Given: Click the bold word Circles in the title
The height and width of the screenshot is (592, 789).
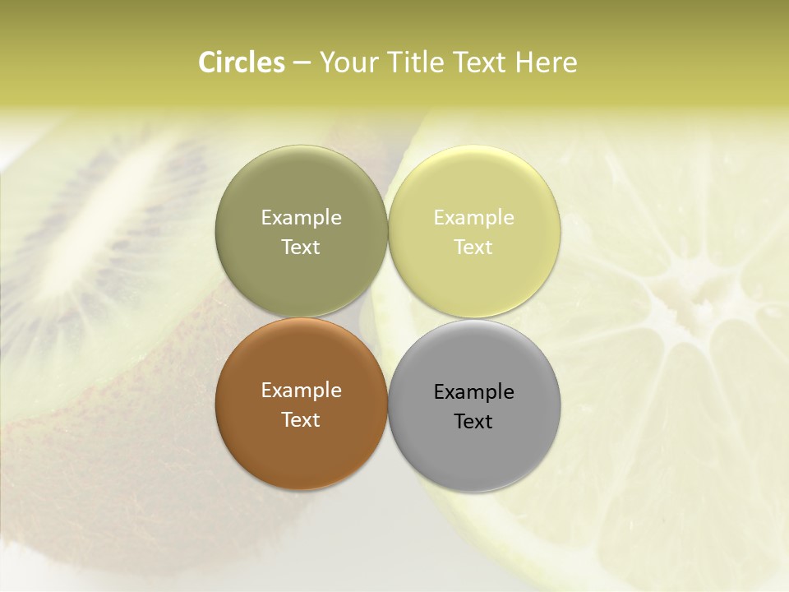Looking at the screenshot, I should pyautogui.click(x=242, y=62).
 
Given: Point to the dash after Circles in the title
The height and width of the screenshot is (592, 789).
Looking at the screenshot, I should pyautogui.click(x=302, y=63).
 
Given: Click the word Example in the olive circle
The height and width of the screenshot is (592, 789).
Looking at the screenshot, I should pyautogui.click(x=301, y=217).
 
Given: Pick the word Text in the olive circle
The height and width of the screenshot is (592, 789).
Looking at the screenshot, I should pyautogui.click(x=301, y=247).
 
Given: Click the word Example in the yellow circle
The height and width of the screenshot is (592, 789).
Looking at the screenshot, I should pyautogui.click(x=473, y=217).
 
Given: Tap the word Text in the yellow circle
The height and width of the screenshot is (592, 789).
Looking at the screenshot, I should pyautogui.click(x=473, y=247).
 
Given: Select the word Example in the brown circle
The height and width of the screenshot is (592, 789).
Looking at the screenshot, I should pyautogui.click(x=301, y=391).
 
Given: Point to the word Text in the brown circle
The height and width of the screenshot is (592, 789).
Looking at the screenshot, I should pyautogui.click(x=301, y=419).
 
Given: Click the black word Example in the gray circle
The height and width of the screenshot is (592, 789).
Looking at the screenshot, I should pyautogui.click(x=473, y=391).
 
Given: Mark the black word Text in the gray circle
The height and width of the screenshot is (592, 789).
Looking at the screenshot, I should pyautogui.click(x=473, y=421).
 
